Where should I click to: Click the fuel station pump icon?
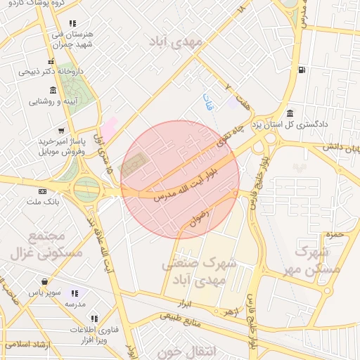[302, 69]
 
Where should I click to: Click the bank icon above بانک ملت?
[43, 191]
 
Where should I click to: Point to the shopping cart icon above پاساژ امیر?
[62, 130]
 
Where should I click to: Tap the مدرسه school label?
[75, 304]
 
